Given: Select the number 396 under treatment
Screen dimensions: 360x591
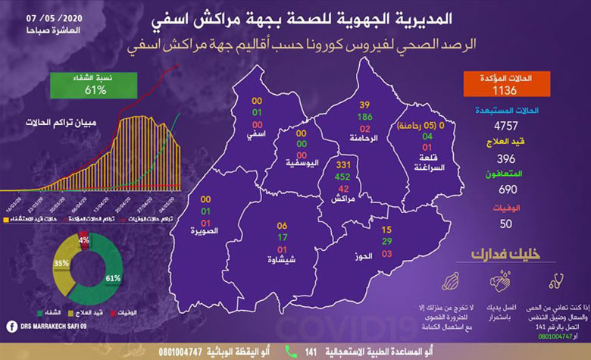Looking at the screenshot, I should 503,158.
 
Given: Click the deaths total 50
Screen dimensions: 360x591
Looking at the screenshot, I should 504,224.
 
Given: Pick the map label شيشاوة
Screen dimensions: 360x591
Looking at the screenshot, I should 281,260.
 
